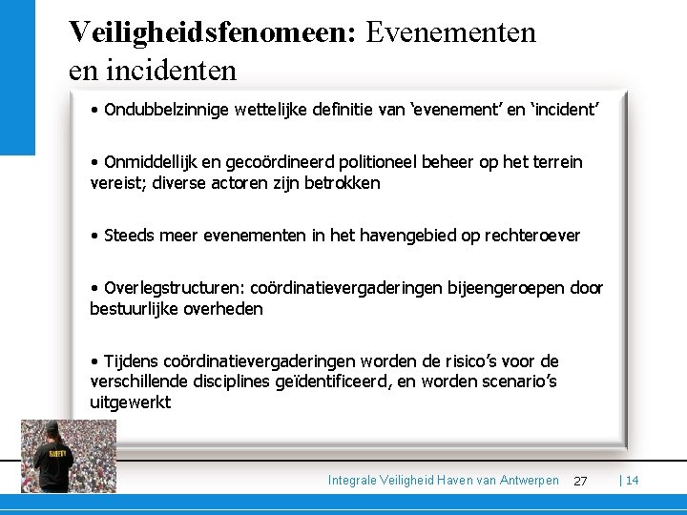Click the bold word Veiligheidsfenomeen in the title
point(211,31)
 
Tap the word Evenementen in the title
point(450,31)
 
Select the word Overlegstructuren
point(175,288)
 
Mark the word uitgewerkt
point(131,402)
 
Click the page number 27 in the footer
point(580,481)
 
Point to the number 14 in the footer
point(632,480)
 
